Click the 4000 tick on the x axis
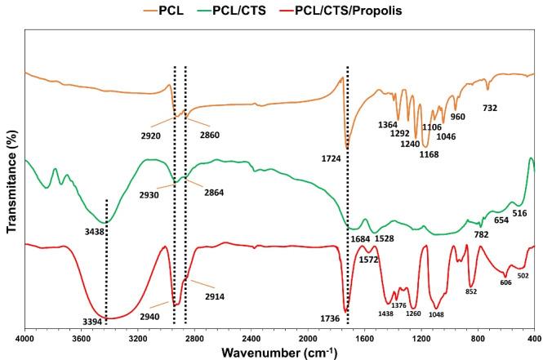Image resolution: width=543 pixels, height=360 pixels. pos(24,336)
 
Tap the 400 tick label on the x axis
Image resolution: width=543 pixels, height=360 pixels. pos(535,336)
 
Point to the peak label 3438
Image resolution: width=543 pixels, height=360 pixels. pos(77,232)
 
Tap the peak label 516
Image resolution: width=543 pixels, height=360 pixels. pos(519,213)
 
